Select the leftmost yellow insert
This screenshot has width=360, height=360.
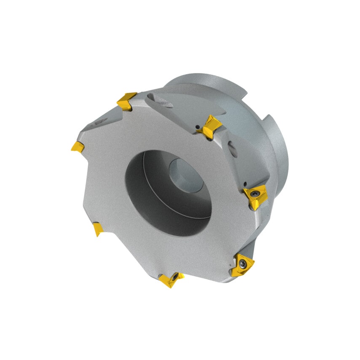click(x=77, y=146)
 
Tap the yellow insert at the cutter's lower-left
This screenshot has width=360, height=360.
click(x=97, y=229)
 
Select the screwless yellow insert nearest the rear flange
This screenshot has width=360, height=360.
click(x=210, y=126)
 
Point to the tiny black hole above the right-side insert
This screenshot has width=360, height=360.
click(x=245, y=183)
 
